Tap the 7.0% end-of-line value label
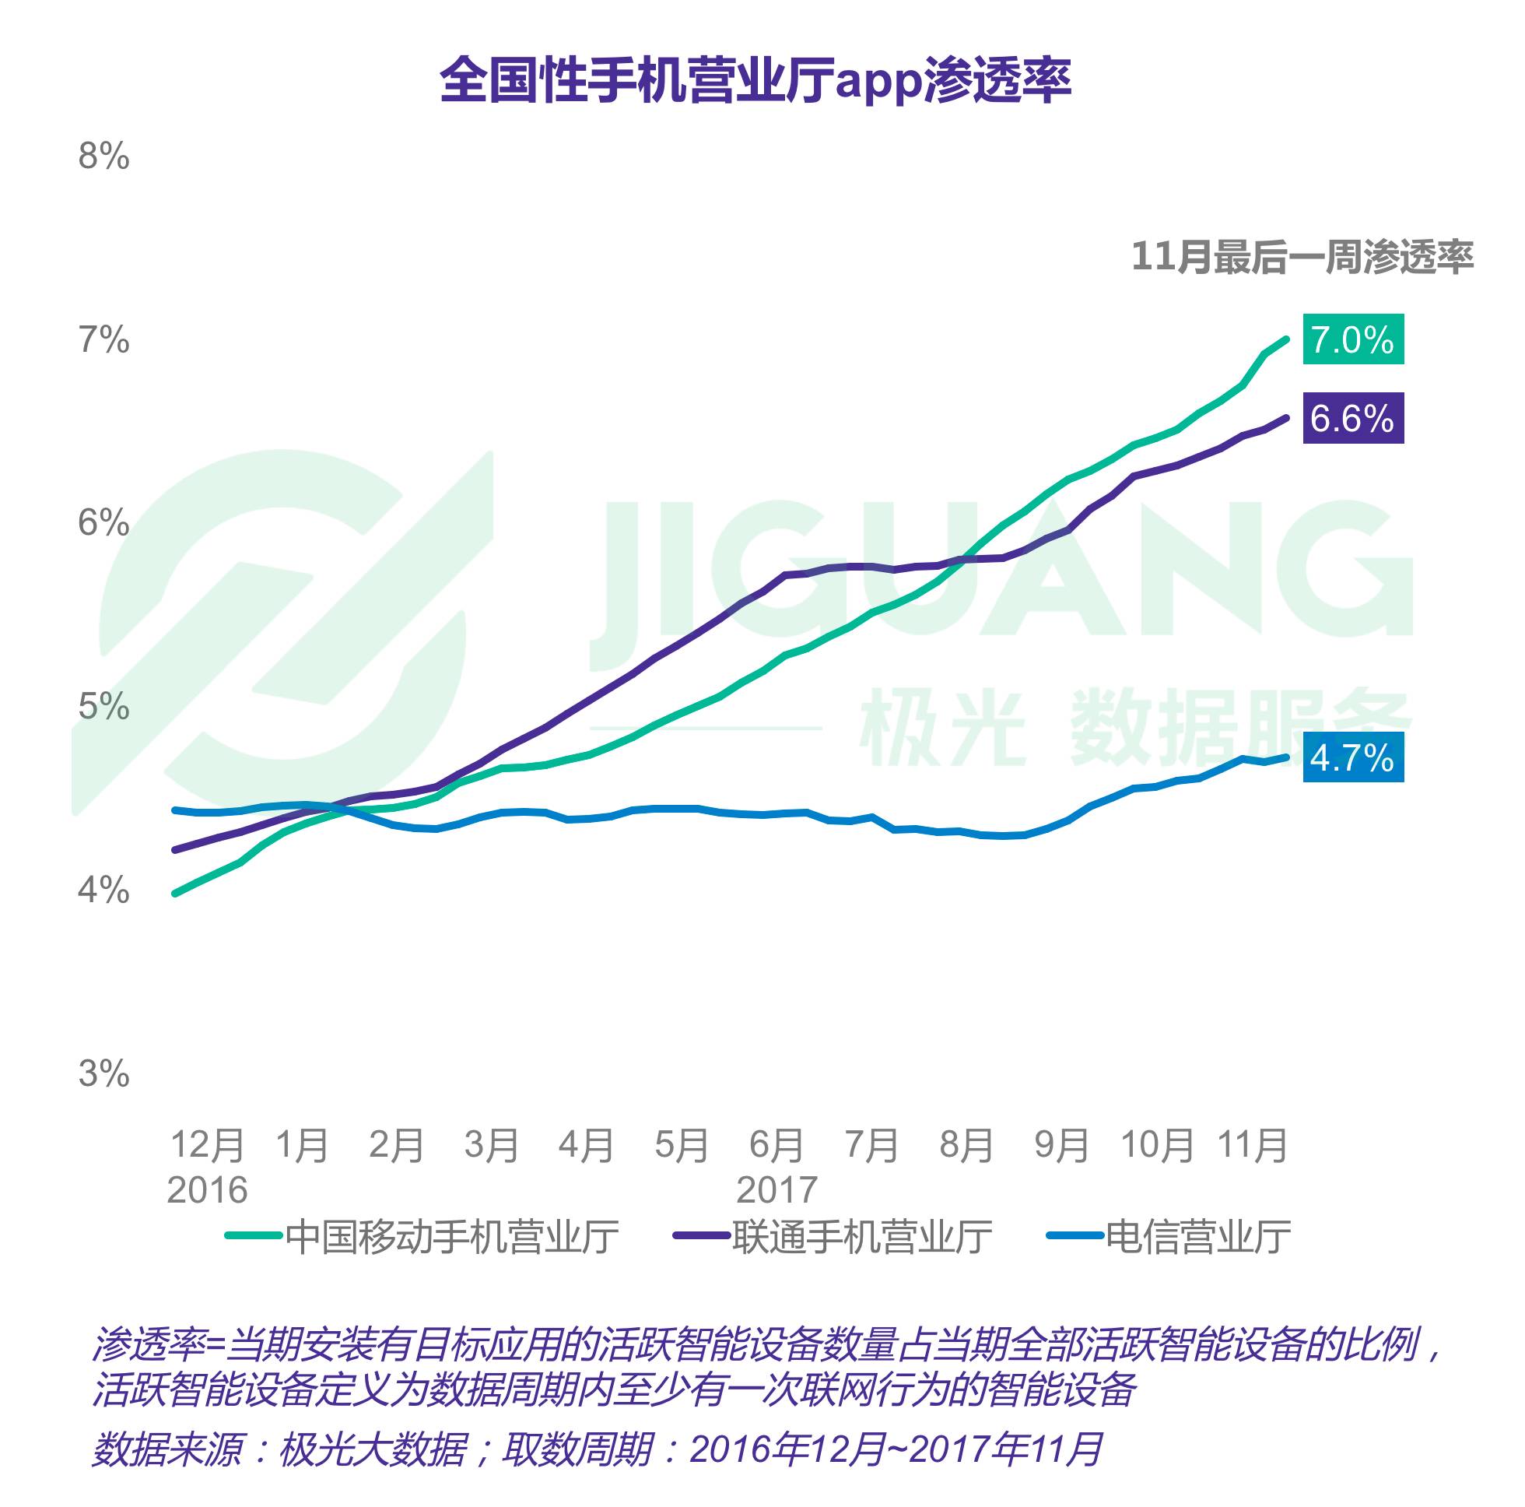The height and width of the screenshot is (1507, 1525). [1352, 339]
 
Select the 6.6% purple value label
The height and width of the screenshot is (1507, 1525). [1352, 418]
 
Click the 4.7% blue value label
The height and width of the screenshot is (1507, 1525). [1352, 757]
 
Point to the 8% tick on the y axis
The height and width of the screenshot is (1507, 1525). [103, 156]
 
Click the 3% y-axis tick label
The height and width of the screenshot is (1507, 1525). [103, 1073]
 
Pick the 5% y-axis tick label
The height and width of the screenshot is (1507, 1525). [103, 706]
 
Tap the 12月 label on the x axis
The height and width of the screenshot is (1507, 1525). [207, 1145]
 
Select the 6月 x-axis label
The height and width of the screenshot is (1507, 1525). [776, 1145]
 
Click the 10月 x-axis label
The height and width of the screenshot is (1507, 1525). [1157, 1145]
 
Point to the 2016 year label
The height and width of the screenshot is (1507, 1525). [207, 1189]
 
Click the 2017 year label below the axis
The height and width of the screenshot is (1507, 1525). [776, 1189]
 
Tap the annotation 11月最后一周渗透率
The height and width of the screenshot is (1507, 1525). [1302, 258]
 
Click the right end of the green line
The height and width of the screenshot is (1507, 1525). [1287, 339]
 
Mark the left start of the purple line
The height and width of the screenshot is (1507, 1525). [175, 850]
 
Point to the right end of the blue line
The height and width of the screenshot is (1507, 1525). [1287, 757]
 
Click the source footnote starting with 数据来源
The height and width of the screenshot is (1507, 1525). [596, 1449]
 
